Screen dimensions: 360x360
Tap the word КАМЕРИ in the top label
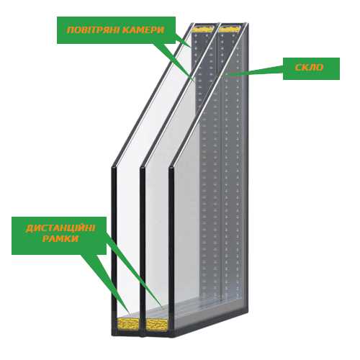coord(143,30)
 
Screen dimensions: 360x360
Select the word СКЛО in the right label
coord(309,68)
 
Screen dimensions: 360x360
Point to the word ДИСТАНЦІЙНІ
coord(60,228)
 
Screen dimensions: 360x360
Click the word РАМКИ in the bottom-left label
coord(60,238)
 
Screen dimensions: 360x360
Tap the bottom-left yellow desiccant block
coord(128,323)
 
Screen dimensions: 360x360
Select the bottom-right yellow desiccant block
coord(157,325)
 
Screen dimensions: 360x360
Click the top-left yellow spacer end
coord(203,29)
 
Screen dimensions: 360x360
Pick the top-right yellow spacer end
coord(229,29)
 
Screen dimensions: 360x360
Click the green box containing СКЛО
coord(311,68)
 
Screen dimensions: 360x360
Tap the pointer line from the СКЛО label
coord(254,71)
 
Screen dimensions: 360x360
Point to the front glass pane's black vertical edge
coord(114,250)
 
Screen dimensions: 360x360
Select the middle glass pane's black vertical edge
coord(143,251)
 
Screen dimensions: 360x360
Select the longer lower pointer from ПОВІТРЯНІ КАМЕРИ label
coord(173,62)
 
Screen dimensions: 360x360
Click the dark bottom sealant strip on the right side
coord(211,323)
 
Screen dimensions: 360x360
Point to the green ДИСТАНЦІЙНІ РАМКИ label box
coord(59,235)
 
